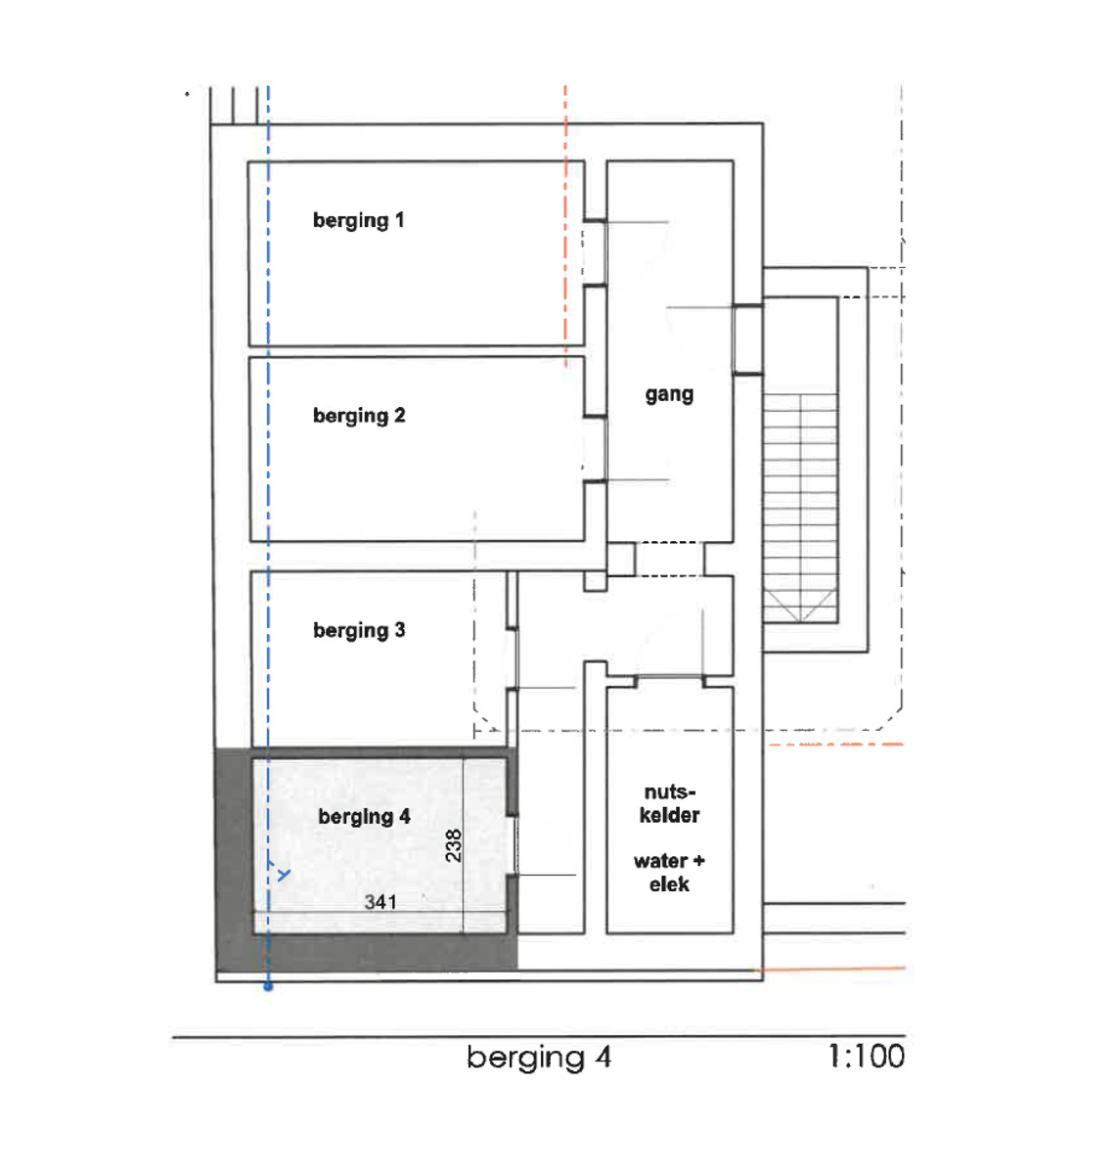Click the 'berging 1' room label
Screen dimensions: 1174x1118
click(x=358, y=220)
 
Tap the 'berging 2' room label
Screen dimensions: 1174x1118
click(x=358, y=416)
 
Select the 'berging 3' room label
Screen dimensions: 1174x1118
click(x=359, y=631)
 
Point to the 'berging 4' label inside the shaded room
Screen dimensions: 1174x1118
click(x=364, y=817)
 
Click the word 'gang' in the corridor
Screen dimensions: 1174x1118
click(x=669, y=394)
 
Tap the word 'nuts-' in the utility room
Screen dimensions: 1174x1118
click(x=669, y=791)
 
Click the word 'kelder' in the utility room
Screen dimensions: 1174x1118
click(x=669, y=815)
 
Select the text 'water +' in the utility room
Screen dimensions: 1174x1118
click(x=669, y=861)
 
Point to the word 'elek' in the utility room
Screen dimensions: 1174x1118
click(x=669, y=884)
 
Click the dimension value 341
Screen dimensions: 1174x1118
click(x=380, y=902)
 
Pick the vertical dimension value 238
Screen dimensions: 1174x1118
click(x=453, y=845)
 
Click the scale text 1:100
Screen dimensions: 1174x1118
click(x=866, y=1057)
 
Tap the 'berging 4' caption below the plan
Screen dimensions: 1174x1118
click(x=539, y=1058)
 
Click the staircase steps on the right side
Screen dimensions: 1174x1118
click(x=799, y=499)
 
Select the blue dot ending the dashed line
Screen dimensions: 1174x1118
click(x=268, y=987)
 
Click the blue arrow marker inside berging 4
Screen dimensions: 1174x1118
click(x=283, y=874)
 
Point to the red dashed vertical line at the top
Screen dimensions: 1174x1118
click(x=565, y=225)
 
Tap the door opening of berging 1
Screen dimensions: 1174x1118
click(x=595, y=253)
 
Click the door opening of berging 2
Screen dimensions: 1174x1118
click(x=595, y=449)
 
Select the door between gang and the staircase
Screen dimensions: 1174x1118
click(x=747, y=339)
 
